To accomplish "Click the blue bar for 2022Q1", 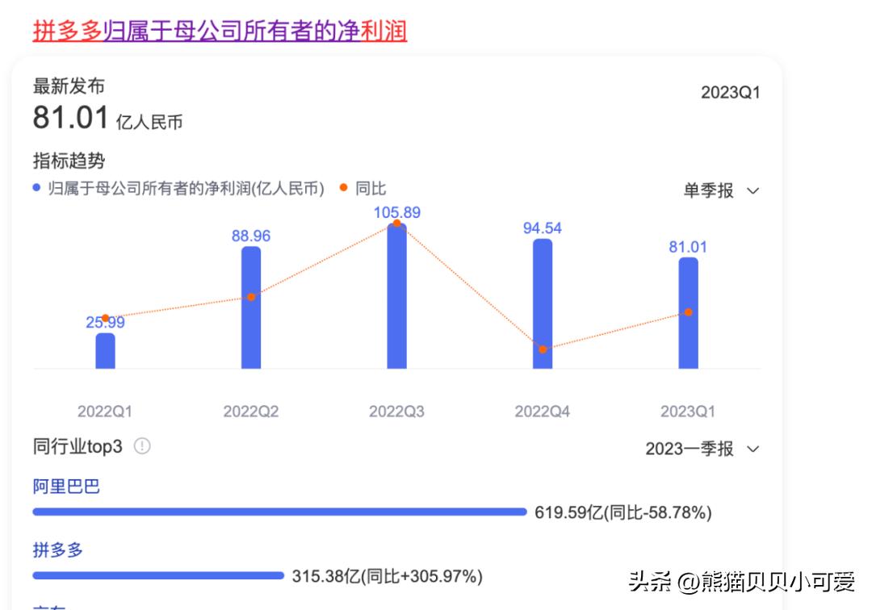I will pyautogui.click(x=106, y=351).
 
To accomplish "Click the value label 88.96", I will pyautogui.click(x=251, y=236).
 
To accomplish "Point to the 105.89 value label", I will pyautogui.click(x=396, y=213).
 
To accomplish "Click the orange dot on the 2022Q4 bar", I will pyautogui.click(x=543, y=349).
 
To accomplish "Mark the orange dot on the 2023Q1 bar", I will pyautogui.click(x=688, y=312).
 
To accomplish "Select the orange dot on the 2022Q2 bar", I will pyautogui.click(x=251, y=297).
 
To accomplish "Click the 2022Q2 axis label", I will pyautogui.click(x=251, y=412).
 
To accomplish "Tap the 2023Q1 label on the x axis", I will pyautogui.click(x=688, y=412).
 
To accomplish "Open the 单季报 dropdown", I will pyautogui.click(x=721, y=190).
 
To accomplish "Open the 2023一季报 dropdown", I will pyautogui.click(x=702, y=449).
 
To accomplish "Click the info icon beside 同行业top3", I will pyautogui.click(x=142, y=446).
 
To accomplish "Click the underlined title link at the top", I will pyautogui.click(x=220, y=31).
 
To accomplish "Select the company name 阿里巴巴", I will pyautogui.click(x=66, y=487).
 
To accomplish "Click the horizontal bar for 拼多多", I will pyautogui.click(x=158, y=575).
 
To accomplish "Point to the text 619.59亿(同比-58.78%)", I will pyautogui.click(x=623, y=512).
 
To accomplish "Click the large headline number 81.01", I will pyautogui.click(x=70, y=118).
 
